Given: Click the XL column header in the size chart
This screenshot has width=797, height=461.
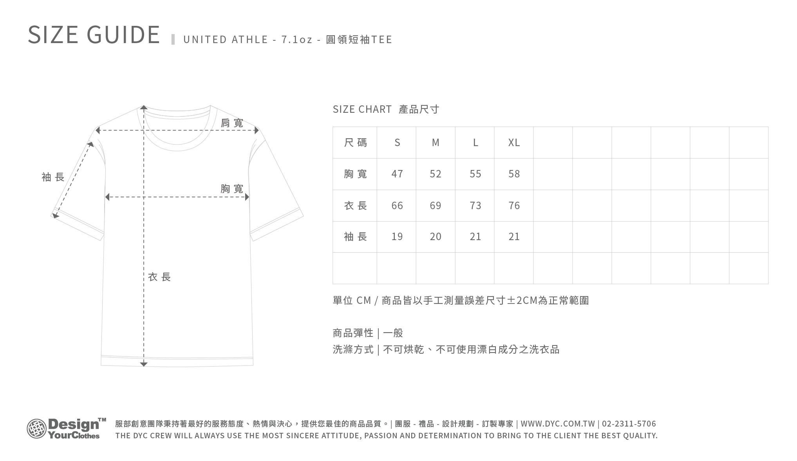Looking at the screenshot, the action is (514, 143).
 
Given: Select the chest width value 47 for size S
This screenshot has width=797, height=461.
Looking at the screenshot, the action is (397, 174).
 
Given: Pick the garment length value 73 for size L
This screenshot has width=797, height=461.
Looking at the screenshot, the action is (475, 206).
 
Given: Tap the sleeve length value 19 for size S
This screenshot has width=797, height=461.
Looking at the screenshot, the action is (397, 237).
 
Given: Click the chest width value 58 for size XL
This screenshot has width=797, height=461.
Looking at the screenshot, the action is (514, 174).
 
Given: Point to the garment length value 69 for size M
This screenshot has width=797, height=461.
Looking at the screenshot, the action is (436, 206).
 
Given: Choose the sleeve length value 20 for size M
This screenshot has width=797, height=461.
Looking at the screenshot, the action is (436, 237).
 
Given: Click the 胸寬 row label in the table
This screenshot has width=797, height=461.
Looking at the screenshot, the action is (355, 174).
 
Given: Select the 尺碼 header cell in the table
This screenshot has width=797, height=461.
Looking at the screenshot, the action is (355, 143).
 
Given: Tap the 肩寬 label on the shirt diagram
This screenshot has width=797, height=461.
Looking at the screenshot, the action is (232, 123).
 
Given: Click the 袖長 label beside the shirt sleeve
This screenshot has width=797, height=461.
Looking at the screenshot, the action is (53, 177).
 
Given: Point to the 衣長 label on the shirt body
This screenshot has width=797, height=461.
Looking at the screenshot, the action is (159, 277).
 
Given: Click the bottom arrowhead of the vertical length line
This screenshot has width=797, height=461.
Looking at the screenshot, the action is (144, 364).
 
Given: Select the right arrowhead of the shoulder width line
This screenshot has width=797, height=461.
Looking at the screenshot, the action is (257, 130).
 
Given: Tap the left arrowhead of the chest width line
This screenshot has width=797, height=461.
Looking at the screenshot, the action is (107, 197).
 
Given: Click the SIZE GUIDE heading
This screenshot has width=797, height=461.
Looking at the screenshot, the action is (94, 34).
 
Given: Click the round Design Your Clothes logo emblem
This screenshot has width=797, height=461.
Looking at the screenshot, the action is (36, 428).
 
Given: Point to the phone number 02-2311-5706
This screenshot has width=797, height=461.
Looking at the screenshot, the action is (629, 424).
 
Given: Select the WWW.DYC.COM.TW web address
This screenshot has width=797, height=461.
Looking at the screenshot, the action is (558, 424).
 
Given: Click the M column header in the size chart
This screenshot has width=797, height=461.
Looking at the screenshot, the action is (436, 143).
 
